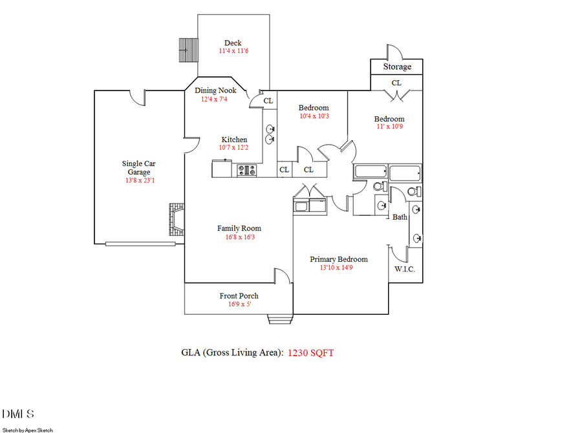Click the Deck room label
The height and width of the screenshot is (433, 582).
coord(233,43)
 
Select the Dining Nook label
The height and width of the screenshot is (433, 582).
coord(215,90)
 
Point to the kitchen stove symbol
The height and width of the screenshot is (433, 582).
coord(246,171)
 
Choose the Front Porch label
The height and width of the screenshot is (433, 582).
coord(239,296)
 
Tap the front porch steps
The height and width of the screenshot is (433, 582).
coord(281,319)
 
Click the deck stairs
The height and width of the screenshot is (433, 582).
coord(188,48)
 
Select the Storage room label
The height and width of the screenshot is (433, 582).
coord(397,67)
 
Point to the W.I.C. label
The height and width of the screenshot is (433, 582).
coord(405,269)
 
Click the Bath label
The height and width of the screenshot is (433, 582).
coord(400,217)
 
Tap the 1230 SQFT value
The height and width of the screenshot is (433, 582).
coord(310,353)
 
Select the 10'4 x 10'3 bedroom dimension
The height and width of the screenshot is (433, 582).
coord(314,116)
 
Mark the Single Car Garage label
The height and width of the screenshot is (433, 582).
coord(138,168)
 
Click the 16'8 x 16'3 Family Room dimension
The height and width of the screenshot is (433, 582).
coord(239,237)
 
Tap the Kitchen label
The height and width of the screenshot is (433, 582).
coord(234,140)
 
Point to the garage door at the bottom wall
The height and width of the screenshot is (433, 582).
coord(140,244)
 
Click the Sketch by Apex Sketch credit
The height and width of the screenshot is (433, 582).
coord(28,429)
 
